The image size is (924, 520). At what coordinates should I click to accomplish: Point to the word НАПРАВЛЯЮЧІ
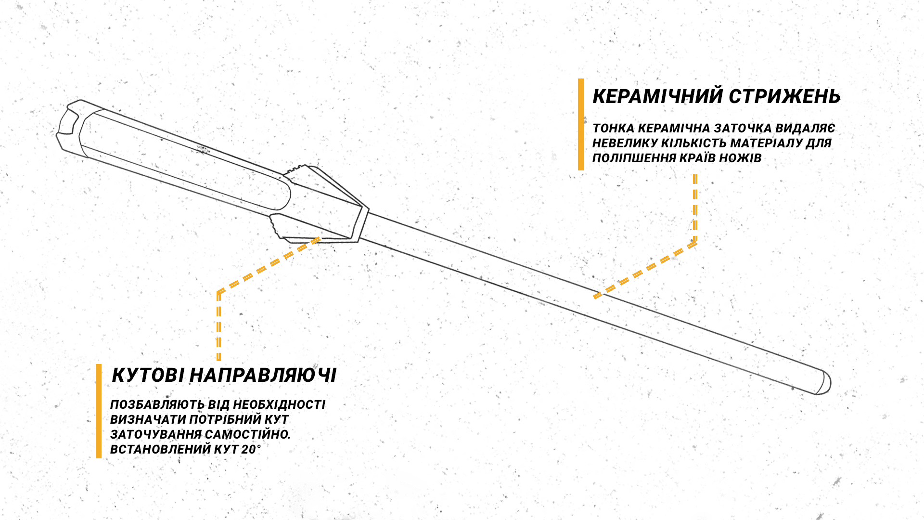tap(263, 375)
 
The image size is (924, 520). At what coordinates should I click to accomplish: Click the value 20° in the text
tap(251, 449)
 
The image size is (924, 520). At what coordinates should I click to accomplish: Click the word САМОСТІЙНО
tap(248, 434)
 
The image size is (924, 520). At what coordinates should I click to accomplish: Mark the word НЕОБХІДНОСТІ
tap(279, 404)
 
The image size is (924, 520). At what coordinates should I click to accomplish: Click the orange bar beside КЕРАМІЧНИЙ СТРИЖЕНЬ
tap(581, 124)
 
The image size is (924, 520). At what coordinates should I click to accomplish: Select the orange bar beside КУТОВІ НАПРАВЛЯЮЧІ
tap(99, 411)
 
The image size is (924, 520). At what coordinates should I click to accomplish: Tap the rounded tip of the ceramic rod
tap(823, 382)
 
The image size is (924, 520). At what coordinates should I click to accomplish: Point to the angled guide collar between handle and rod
tap(320, 205)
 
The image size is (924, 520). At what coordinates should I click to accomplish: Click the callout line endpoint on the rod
tap(597, 296)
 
